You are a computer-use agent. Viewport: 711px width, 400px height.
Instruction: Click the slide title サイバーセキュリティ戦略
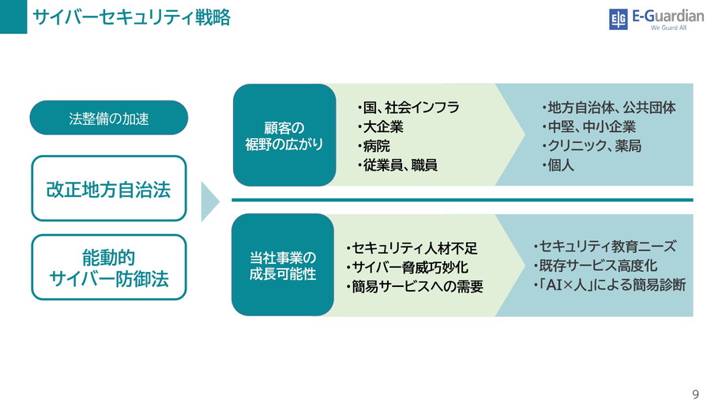(x=131, y=17)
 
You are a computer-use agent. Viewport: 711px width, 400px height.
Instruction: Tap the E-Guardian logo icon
(x=618, y=19)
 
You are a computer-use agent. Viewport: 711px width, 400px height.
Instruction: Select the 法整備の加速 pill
(x=109, y=119)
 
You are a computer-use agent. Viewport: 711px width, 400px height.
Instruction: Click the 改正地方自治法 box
(x=109, y=189)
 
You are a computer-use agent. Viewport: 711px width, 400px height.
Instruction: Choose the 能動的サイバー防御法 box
(x=109, y=267)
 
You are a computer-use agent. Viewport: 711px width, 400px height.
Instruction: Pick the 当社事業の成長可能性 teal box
(x=283, y=265)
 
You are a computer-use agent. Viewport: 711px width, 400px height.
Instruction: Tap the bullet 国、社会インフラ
(x=408, y=108)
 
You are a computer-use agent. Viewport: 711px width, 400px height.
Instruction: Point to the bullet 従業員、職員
(x=397, y=165)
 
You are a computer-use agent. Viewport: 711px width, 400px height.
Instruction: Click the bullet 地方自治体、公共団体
(x=608, y=108)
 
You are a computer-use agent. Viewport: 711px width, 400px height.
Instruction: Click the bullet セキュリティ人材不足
(x=412, y=248)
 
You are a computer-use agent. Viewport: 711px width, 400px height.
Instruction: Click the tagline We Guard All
(x=668, y=28)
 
